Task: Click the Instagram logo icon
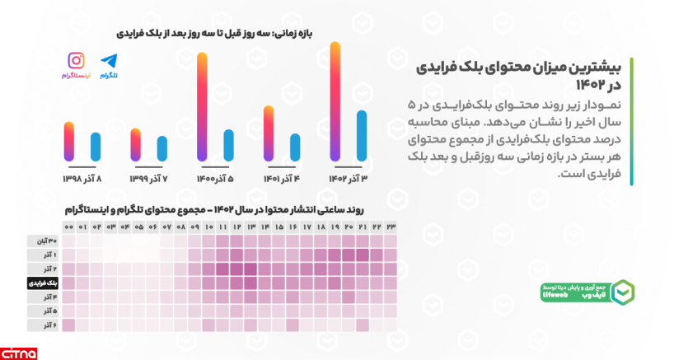(76, 60)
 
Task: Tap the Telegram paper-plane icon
(109, 60)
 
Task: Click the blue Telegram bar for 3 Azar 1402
(361, 136)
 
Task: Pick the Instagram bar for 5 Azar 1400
(202, 107)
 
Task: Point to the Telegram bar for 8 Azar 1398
(95, 146)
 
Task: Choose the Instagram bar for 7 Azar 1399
(136, 144)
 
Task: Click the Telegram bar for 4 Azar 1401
(295, 146)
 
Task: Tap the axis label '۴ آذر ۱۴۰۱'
(280, 178)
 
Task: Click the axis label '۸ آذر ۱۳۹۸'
(82, 178)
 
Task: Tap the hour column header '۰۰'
(68, 227)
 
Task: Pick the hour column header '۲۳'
(391, 227)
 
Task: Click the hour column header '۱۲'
(236, 227)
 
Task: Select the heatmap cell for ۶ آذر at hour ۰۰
(68, 325)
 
